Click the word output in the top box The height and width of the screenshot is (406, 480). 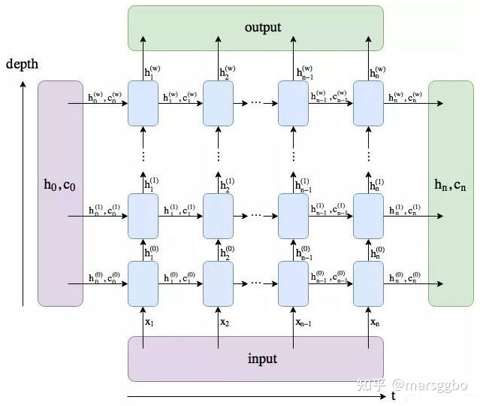point(263,28)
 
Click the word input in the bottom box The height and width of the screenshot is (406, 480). point(262,359)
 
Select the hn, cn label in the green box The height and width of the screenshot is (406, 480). point(451,185)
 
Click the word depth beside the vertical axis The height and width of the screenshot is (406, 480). point(23,64)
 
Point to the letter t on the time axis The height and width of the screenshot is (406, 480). point(393,395)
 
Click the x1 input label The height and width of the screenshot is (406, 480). point(149,322)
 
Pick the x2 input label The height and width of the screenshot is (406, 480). point(225,322)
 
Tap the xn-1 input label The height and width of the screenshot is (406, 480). point(304,322)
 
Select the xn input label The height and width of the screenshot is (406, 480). point(375,322)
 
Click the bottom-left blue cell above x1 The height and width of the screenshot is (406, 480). point(143,283)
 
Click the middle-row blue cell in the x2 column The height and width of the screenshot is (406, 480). point(218,216)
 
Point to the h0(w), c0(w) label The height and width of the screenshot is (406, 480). point(104,96)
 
